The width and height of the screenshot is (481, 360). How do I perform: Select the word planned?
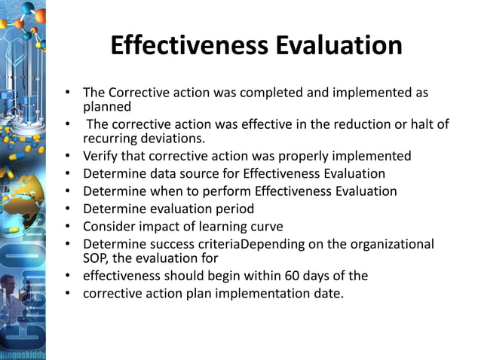(x=107, y=107)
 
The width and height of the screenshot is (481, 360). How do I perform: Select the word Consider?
(x=112, y=226)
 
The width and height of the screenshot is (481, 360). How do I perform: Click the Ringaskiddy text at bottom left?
(x=23, y=352)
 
